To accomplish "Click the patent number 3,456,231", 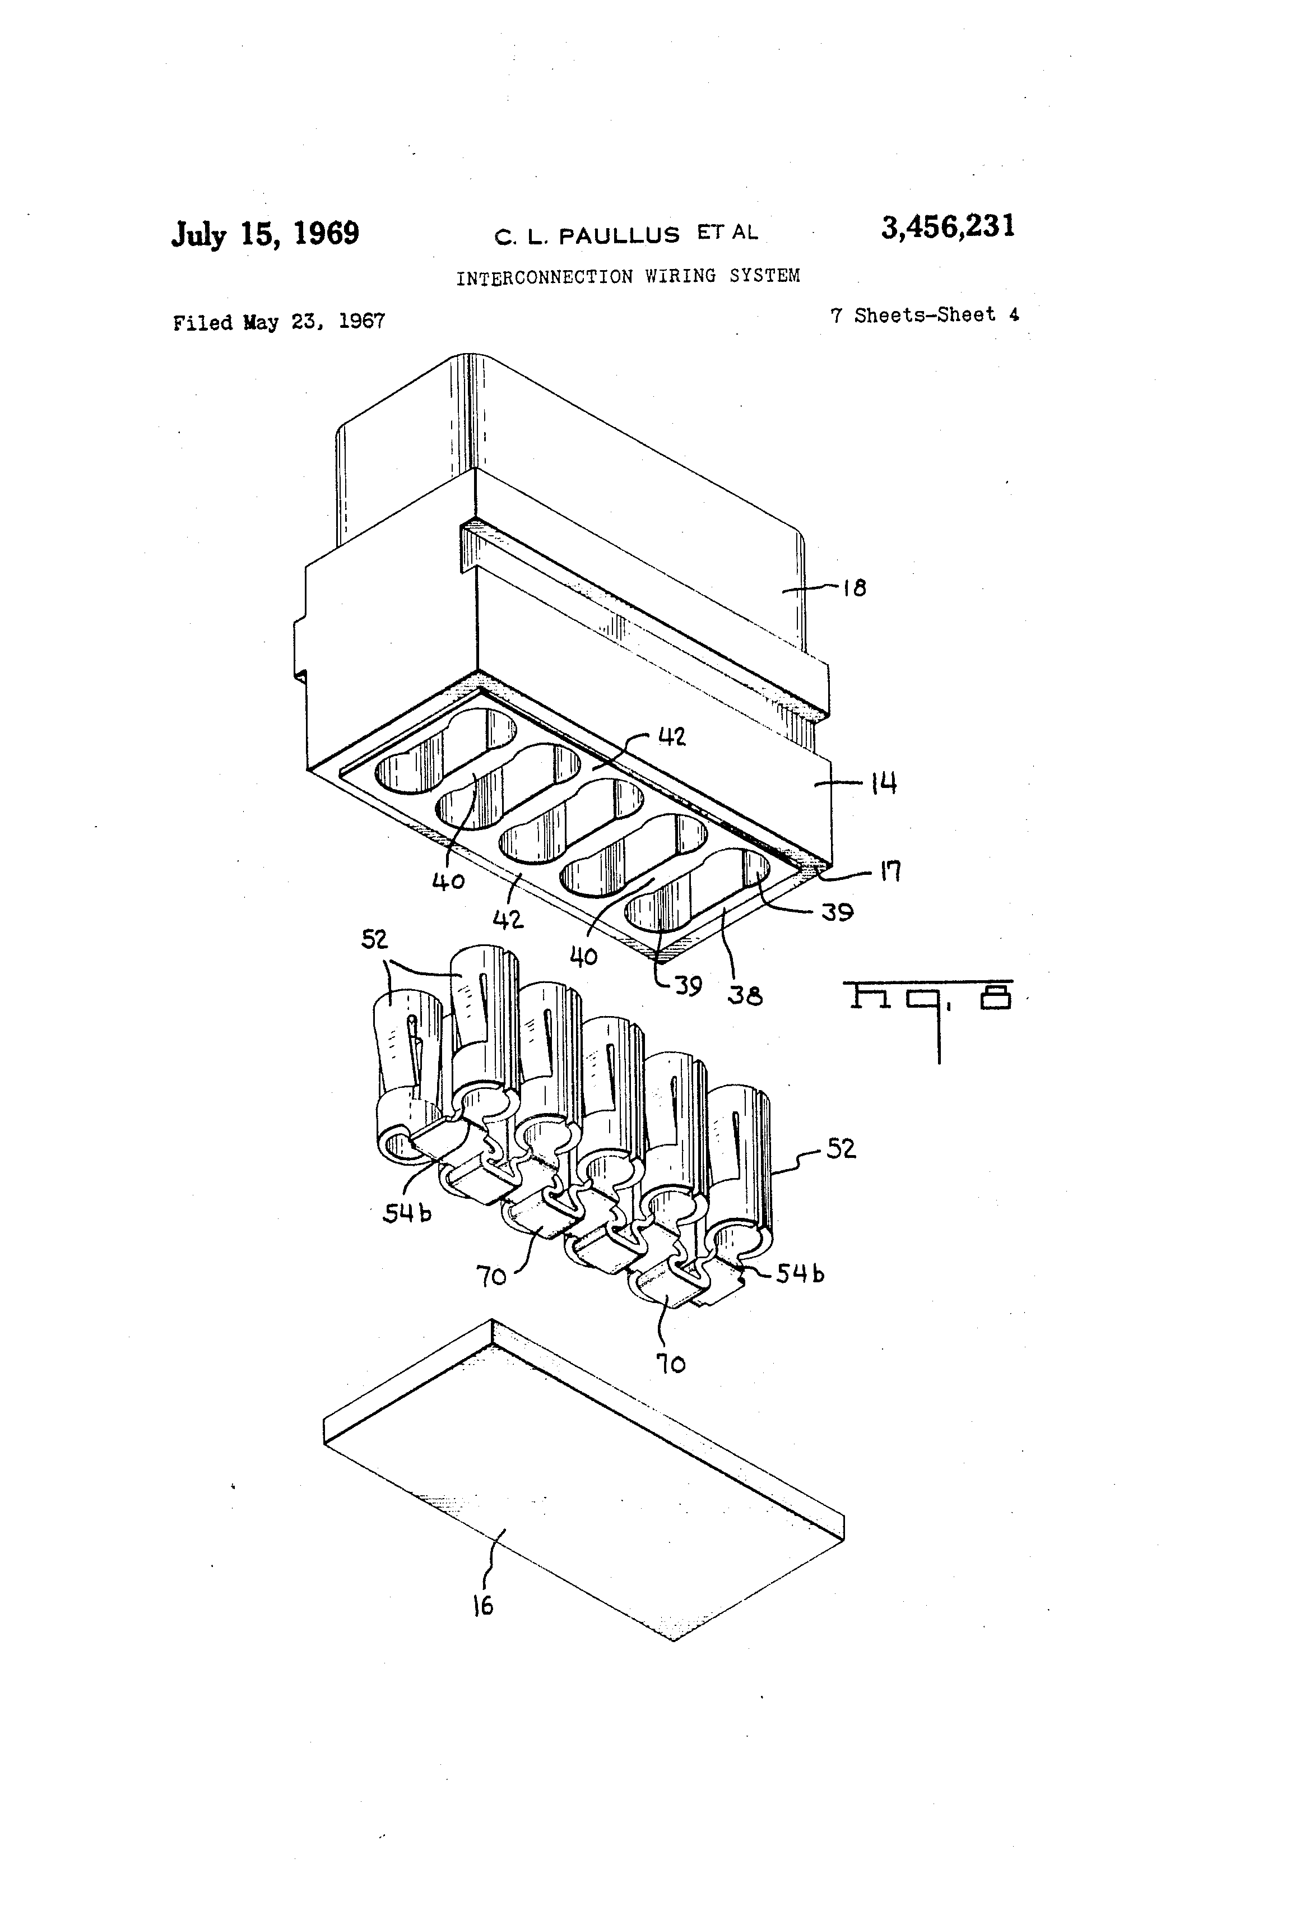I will (948, 227).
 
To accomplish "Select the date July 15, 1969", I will (264, 234).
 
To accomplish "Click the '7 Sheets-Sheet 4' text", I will (925, 316).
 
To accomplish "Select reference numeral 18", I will (855, 588).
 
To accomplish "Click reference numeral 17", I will (891, 870).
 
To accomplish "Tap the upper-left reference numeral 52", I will (375, 939).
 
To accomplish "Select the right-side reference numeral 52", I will (841, 1148).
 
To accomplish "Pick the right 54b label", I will (800, 1274).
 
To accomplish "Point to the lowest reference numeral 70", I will (671, 1364).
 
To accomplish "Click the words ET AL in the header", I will (727, 233).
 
